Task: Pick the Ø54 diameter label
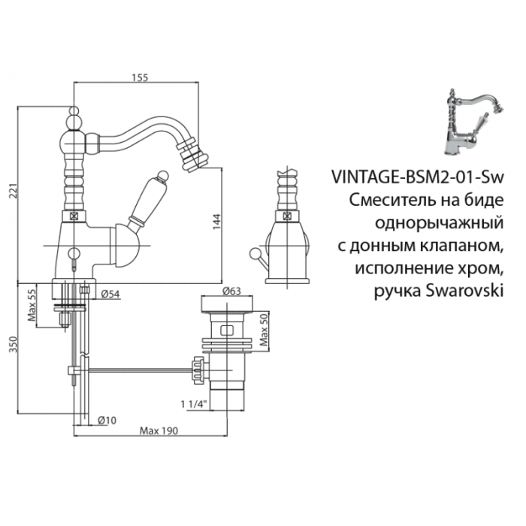(x=110, y=293)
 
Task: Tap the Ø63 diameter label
(x=230, y=290)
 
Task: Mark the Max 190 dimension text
(x=157, y=431)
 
